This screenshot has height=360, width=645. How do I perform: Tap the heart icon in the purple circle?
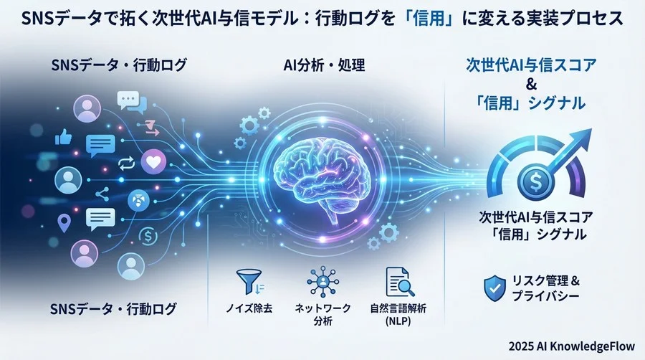153,163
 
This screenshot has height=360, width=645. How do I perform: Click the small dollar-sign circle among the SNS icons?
149,235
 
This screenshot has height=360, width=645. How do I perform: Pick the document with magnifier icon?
399,281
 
